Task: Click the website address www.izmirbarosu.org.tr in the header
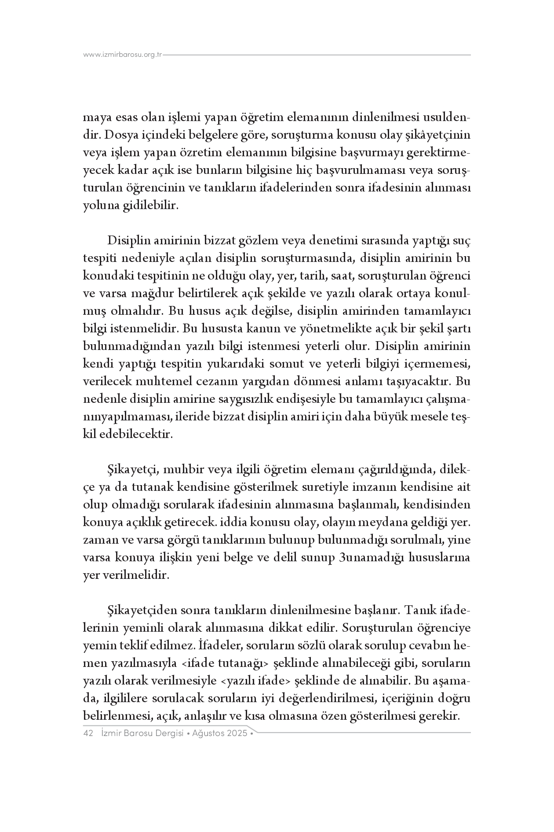click(x=123, y=55)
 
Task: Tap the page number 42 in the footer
click(x=88, y=734)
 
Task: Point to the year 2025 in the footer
click(x=237, y=734)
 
